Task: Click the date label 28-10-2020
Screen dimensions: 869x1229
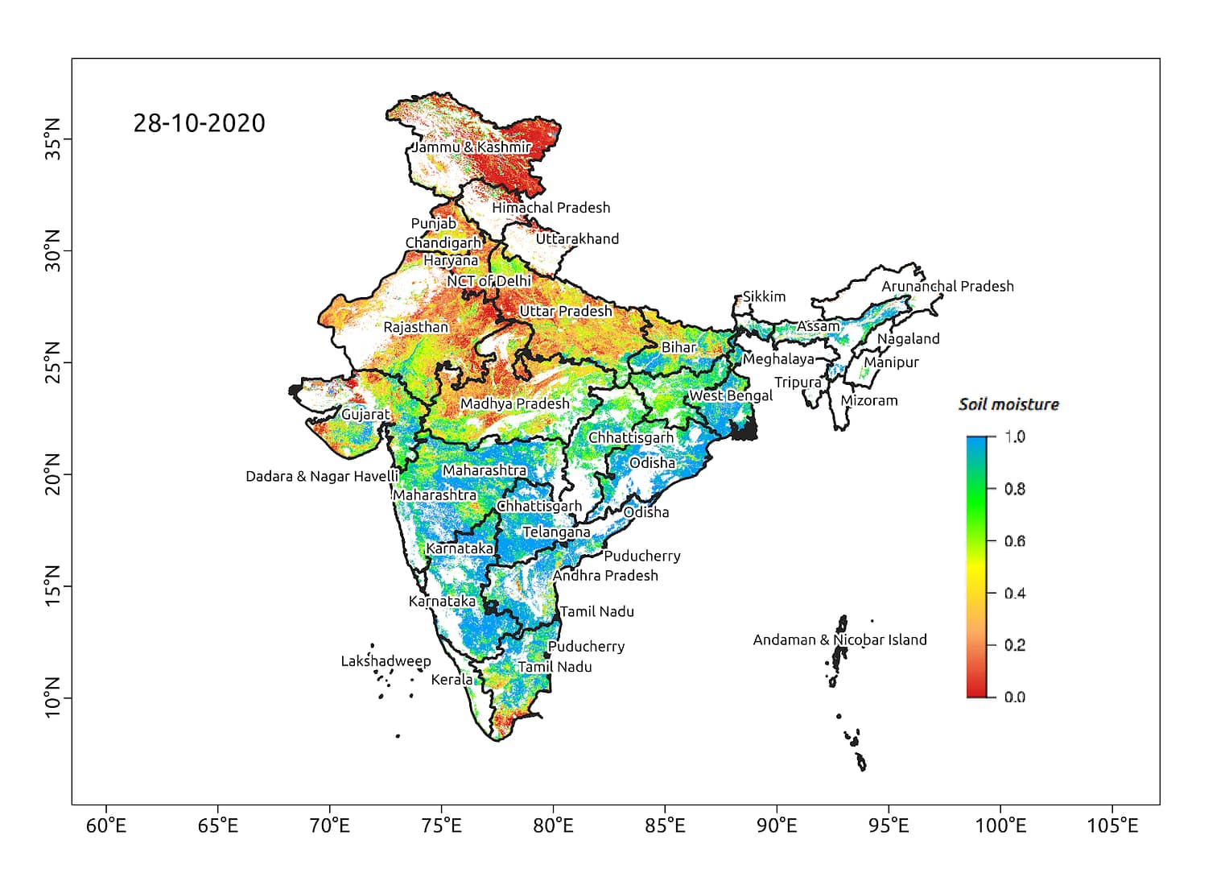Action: point(199,123)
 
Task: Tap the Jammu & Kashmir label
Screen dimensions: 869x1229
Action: point(472,147)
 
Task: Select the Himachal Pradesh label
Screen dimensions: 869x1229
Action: point(551,207)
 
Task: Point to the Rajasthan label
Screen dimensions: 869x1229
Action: point(415,327)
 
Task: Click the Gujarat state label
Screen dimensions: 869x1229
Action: point(365,414)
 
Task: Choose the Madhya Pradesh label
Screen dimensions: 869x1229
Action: point(514,403)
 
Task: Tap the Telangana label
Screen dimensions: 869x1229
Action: point(556,532)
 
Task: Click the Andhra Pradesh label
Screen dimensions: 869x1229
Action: point(605,575)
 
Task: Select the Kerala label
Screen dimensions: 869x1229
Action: point(452,680)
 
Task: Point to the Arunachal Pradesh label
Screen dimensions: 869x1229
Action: point(947,286)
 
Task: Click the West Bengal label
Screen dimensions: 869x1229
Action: point(730,395)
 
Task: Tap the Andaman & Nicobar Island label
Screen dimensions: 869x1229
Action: point(839,639)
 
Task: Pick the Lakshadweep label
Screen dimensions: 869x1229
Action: point(386,661)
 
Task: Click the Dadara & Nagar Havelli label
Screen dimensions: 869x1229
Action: point(322,476)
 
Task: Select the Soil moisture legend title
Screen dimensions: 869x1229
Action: point(1008,404)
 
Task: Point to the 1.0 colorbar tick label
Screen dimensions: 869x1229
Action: point(1014,437)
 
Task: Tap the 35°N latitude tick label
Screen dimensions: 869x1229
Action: point(53,139)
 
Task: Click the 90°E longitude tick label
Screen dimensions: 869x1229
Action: point(777,826)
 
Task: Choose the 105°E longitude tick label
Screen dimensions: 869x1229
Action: point(1112,826)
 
